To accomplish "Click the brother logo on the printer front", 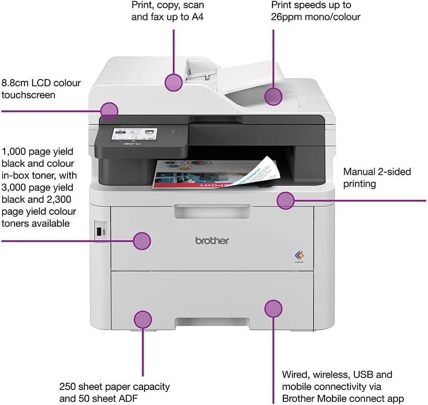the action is [212, 241].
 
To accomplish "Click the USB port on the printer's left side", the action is [99, 232].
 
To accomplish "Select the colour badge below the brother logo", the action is [299, 257].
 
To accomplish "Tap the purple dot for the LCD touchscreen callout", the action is [109, 111].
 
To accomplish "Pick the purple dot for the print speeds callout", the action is [273, 96].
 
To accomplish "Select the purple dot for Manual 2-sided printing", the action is [286, 200].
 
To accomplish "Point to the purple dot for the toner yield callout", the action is [142, 241].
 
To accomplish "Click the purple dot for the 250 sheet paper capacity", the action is [143, 320].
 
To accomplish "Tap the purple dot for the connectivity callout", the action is [273, 309].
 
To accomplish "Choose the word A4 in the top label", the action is [195, 17].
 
